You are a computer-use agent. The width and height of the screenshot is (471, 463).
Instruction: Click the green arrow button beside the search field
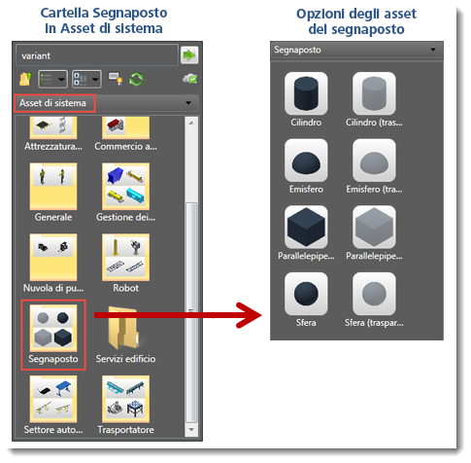click(x=189, y=55)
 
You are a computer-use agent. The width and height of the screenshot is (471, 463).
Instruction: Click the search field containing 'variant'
click(x=97, y=55)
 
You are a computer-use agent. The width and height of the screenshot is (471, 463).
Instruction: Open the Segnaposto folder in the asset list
click(x=53, y=328)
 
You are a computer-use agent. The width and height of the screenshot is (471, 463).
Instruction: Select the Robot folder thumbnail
click(x=125, y=257)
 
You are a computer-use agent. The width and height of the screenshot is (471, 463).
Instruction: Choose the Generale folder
click(x=53, y=186)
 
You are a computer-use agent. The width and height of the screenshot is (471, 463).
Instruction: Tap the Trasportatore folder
click(x=125, y=399)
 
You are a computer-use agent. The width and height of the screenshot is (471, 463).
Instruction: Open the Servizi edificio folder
click(x=125, y=328)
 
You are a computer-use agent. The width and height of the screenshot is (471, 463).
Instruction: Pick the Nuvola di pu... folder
click(x=53, y=257)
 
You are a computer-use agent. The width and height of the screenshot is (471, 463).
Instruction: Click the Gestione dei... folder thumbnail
click(x=125, y=186)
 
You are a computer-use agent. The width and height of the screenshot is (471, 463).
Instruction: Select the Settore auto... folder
click(x=53, y=399)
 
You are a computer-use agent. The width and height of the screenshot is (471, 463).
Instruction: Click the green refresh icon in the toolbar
click(x=136, y=79)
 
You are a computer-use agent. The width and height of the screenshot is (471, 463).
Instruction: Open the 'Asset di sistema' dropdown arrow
click(x=188, y=103)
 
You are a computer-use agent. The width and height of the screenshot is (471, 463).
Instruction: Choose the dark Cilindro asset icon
click(x=306, y=93)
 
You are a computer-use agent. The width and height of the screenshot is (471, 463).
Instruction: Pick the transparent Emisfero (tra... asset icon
click(x=374, y=160)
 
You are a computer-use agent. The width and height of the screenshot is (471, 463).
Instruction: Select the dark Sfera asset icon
click(x=306, y=294)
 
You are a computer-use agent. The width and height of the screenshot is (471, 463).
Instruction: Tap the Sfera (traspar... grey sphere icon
click(x=374, y=294)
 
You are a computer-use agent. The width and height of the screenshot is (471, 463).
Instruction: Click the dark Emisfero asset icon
click(x=306, y=160)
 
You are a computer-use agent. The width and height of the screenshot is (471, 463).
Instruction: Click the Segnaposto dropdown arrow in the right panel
click(x=433, y=50)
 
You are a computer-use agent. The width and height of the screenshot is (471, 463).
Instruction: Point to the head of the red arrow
click(x=261, y=315)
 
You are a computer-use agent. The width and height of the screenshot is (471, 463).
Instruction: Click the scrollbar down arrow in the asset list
click(x=191, y=430)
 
